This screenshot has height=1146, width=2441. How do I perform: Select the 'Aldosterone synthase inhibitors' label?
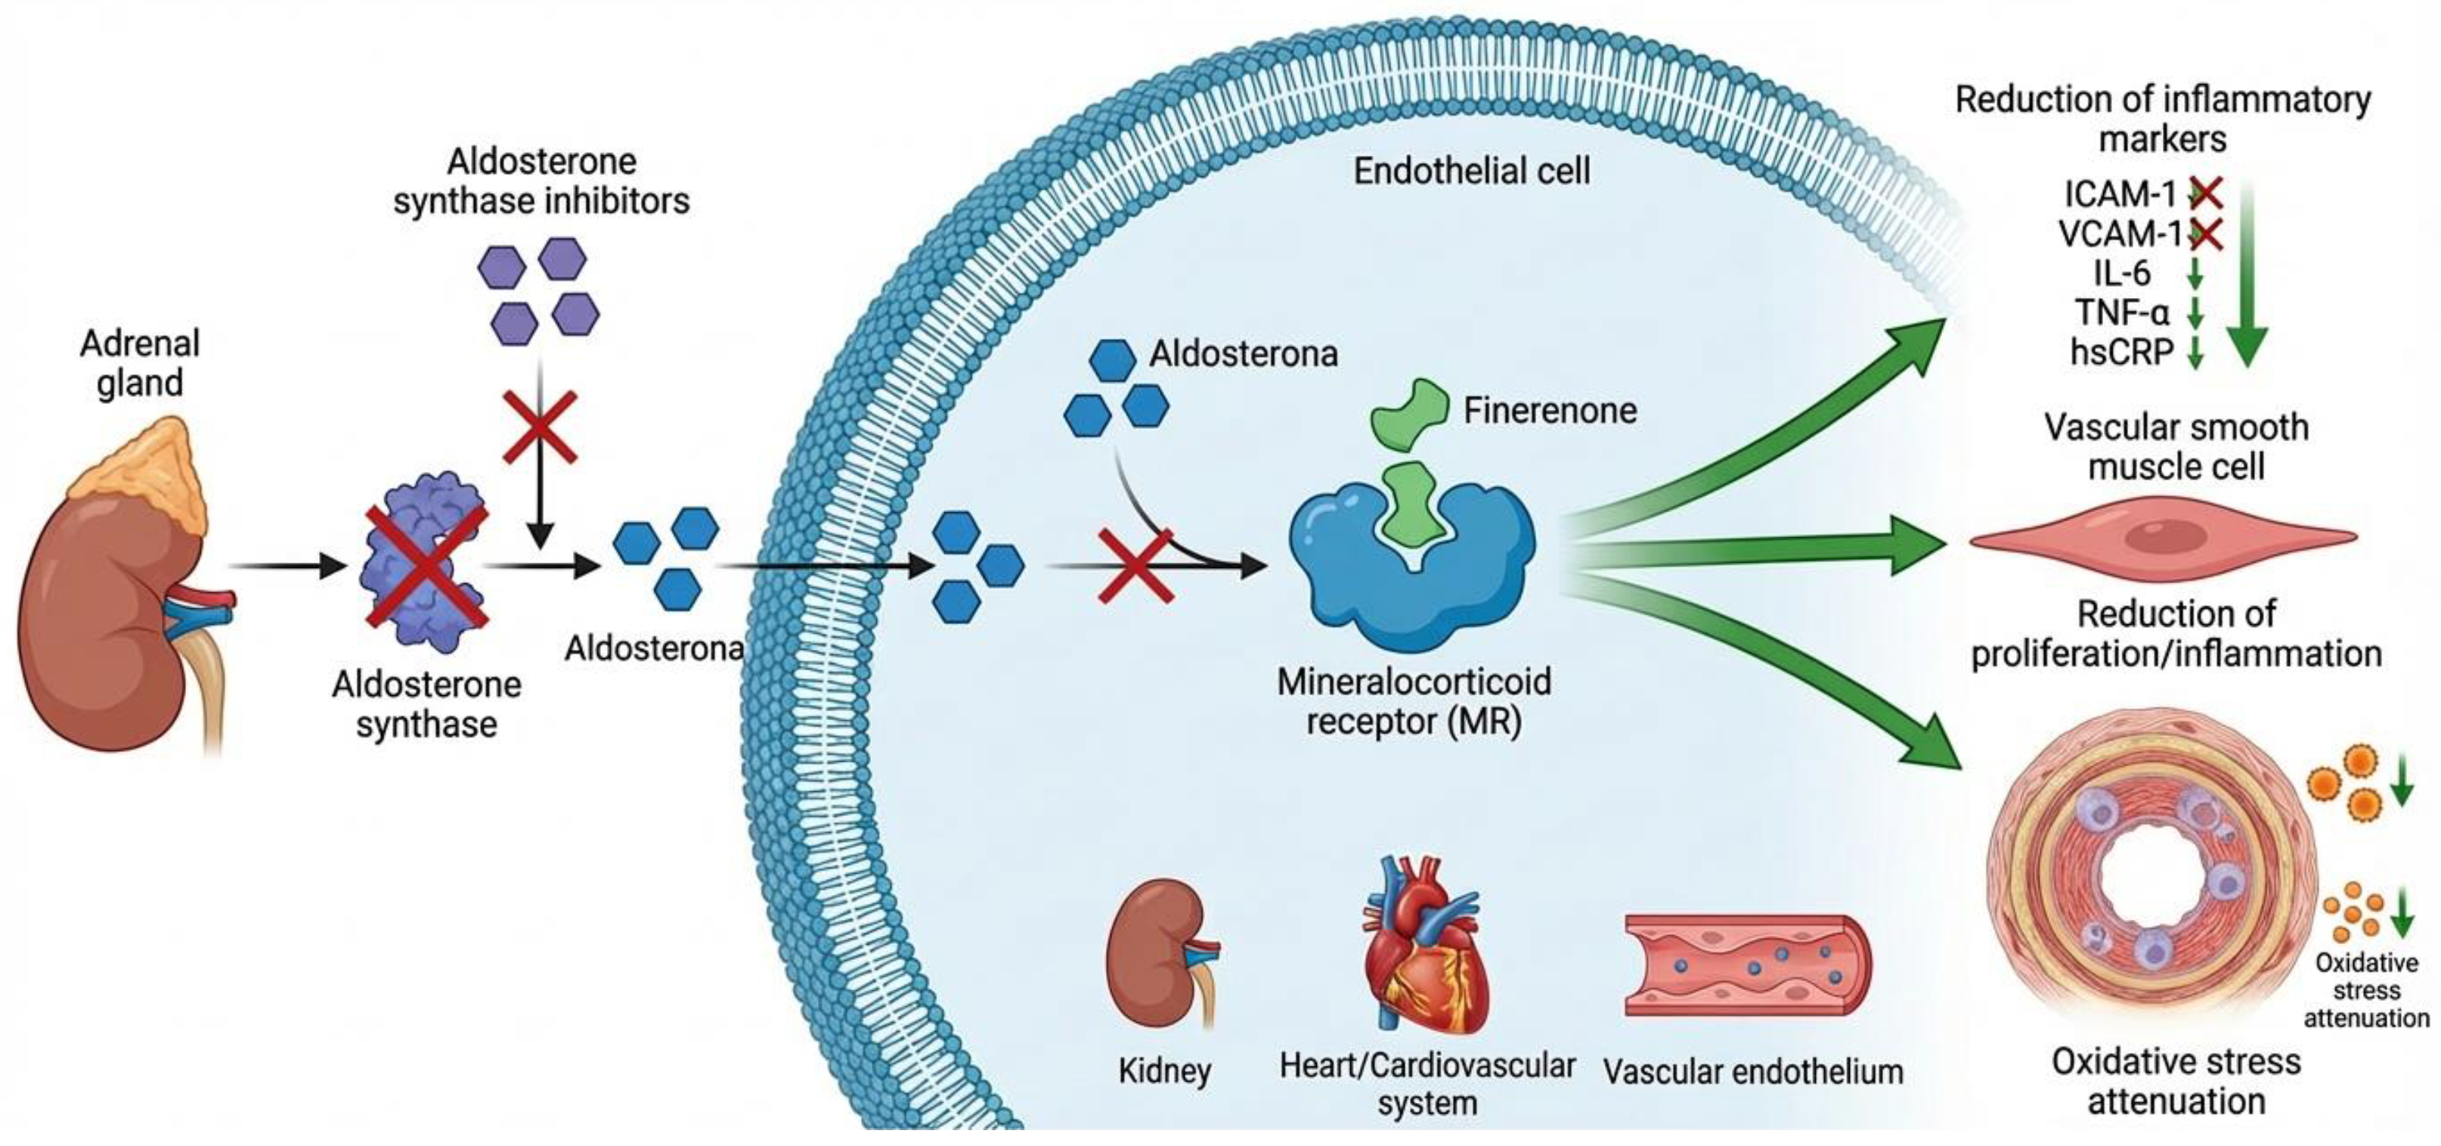[x=541, y=181]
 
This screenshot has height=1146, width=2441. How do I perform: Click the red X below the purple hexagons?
[x=539, y=427]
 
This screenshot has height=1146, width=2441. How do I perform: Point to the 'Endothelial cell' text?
[x=1472, y=172]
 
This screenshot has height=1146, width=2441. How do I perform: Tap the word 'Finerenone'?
[x=1550, y=411]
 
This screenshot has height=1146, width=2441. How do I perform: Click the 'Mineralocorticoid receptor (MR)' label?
[x=1414, y=701]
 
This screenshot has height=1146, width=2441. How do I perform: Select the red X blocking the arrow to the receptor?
[x=1136, y=566]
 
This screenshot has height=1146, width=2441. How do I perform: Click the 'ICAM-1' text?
[x=2120, y=194]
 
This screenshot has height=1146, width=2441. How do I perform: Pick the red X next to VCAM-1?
[x=2207, y=233]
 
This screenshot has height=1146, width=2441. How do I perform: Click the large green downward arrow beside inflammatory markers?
[x=2246, y=275]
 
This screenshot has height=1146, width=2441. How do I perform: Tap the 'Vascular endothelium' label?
[x=1753, y=1072]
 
